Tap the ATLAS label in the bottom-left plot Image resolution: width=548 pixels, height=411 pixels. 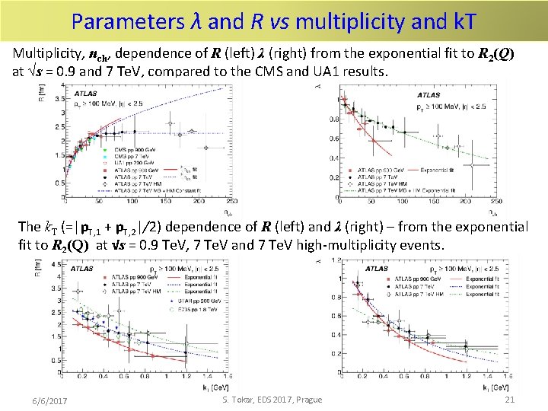click(x=82, y=268)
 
